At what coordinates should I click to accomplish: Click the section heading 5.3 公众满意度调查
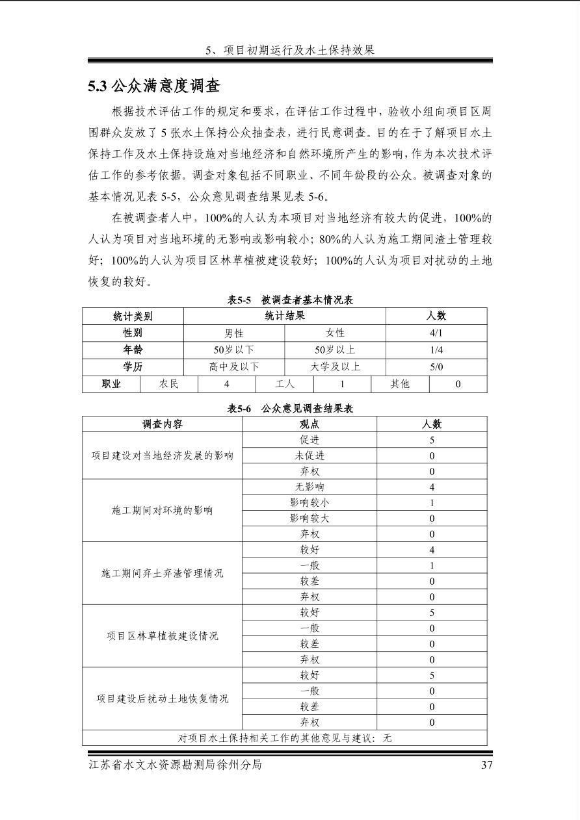[155, 86]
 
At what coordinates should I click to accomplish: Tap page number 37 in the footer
[486, 765]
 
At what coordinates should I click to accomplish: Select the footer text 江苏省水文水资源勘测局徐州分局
[175, 765]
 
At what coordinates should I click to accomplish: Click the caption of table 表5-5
[289, 300]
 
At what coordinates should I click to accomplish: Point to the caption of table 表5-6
[289, 409]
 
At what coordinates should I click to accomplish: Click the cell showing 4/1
[436, 333]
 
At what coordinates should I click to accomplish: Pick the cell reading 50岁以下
[234, 350]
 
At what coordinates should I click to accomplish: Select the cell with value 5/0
[436, 367]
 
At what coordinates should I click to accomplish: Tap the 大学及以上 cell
[335, 367]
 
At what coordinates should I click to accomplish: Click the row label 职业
[111, 384]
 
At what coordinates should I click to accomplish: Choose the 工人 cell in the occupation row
[284, 384]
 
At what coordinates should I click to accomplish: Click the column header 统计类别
[133, 316]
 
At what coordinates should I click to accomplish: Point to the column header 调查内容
[163, 424]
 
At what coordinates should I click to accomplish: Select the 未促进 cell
[310, 455]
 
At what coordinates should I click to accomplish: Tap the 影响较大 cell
[310, 519]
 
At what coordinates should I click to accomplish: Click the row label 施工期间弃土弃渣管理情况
[163, 573]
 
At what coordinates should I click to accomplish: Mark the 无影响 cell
[310, 487]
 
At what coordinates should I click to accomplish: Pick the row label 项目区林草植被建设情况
[163, 635]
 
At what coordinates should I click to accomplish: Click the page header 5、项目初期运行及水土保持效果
[290, 50]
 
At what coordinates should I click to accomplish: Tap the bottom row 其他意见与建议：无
[285, 737]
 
